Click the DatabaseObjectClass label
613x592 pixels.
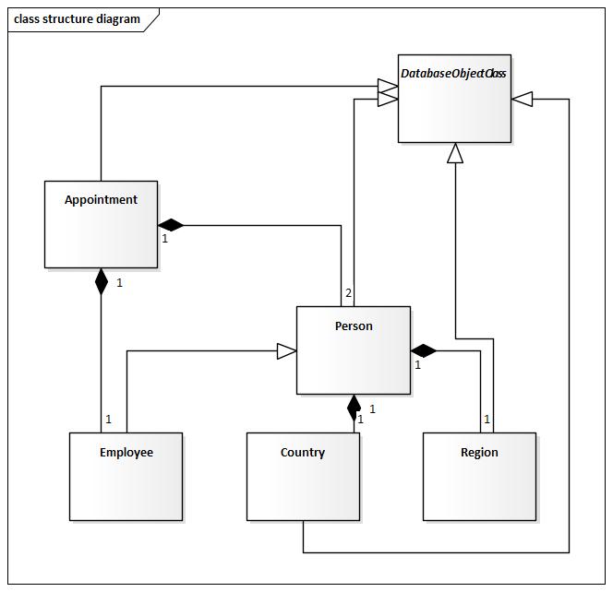pos(453,73)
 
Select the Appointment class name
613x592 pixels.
pos(101,199)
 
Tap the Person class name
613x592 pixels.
pos(354,326)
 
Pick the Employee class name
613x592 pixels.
pos(126,452)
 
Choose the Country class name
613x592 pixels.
pos(303,452)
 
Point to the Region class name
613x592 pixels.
pos(479,452)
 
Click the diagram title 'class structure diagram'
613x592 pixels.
pos(78,18)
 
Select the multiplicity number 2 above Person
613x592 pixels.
pos(348,293)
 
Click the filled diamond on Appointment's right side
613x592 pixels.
pos(171,225)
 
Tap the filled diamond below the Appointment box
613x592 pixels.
pos(102,280)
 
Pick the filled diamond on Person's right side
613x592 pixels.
pos(424,350)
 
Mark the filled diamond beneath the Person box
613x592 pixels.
pos(354,407)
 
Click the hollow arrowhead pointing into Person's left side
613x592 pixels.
pos(286,350)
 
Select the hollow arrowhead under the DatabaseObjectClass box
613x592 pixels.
pos(454,153)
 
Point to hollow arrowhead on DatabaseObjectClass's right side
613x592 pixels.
pos(523,99)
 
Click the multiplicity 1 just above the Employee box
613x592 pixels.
pos(108,420)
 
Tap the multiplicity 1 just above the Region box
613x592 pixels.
pos(487,420)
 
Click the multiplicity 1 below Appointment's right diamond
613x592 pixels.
pos(164,239)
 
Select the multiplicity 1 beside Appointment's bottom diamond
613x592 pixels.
pos(119,283)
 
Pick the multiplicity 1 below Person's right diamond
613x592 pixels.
pos(417,365)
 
